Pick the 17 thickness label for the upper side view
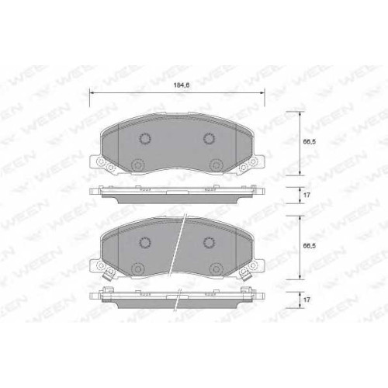coord(307,195)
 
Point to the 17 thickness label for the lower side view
coord(307,300)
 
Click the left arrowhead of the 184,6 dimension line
coord(92,92)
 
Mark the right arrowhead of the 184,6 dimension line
coord(262,92)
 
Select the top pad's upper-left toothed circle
coord(145,139)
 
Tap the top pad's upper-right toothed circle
coord(209,139)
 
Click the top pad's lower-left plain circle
coord(137,165)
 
